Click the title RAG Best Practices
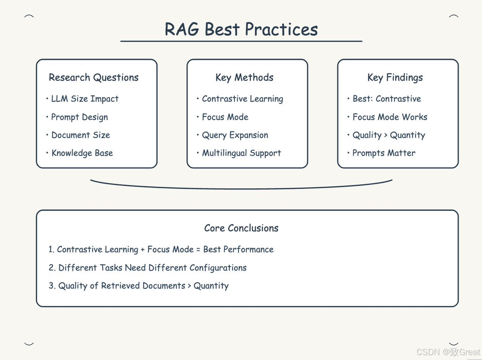click(241, 29)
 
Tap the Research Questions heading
click(94, 78)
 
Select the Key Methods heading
click(244, 78)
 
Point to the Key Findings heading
click(395, 78)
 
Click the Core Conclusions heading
click(241, 228)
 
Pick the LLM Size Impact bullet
click(85, 99)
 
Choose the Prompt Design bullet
click(79, 117)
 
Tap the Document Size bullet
click(80, 135)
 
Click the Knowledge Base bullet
click(82, 153)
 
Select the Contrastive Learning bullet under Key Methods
click(242, 99)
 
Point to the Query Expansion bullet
click(235, 135)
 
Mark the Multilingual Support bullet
click(241, 153)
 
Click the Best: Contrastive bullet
click(387, 99)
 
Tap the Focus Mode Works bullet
click(390, 117)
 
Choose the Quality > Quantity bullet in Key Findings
click(388, 135)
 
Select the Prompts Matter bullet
click(384, 153)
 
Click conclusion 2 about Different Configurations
click(152, 268)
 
